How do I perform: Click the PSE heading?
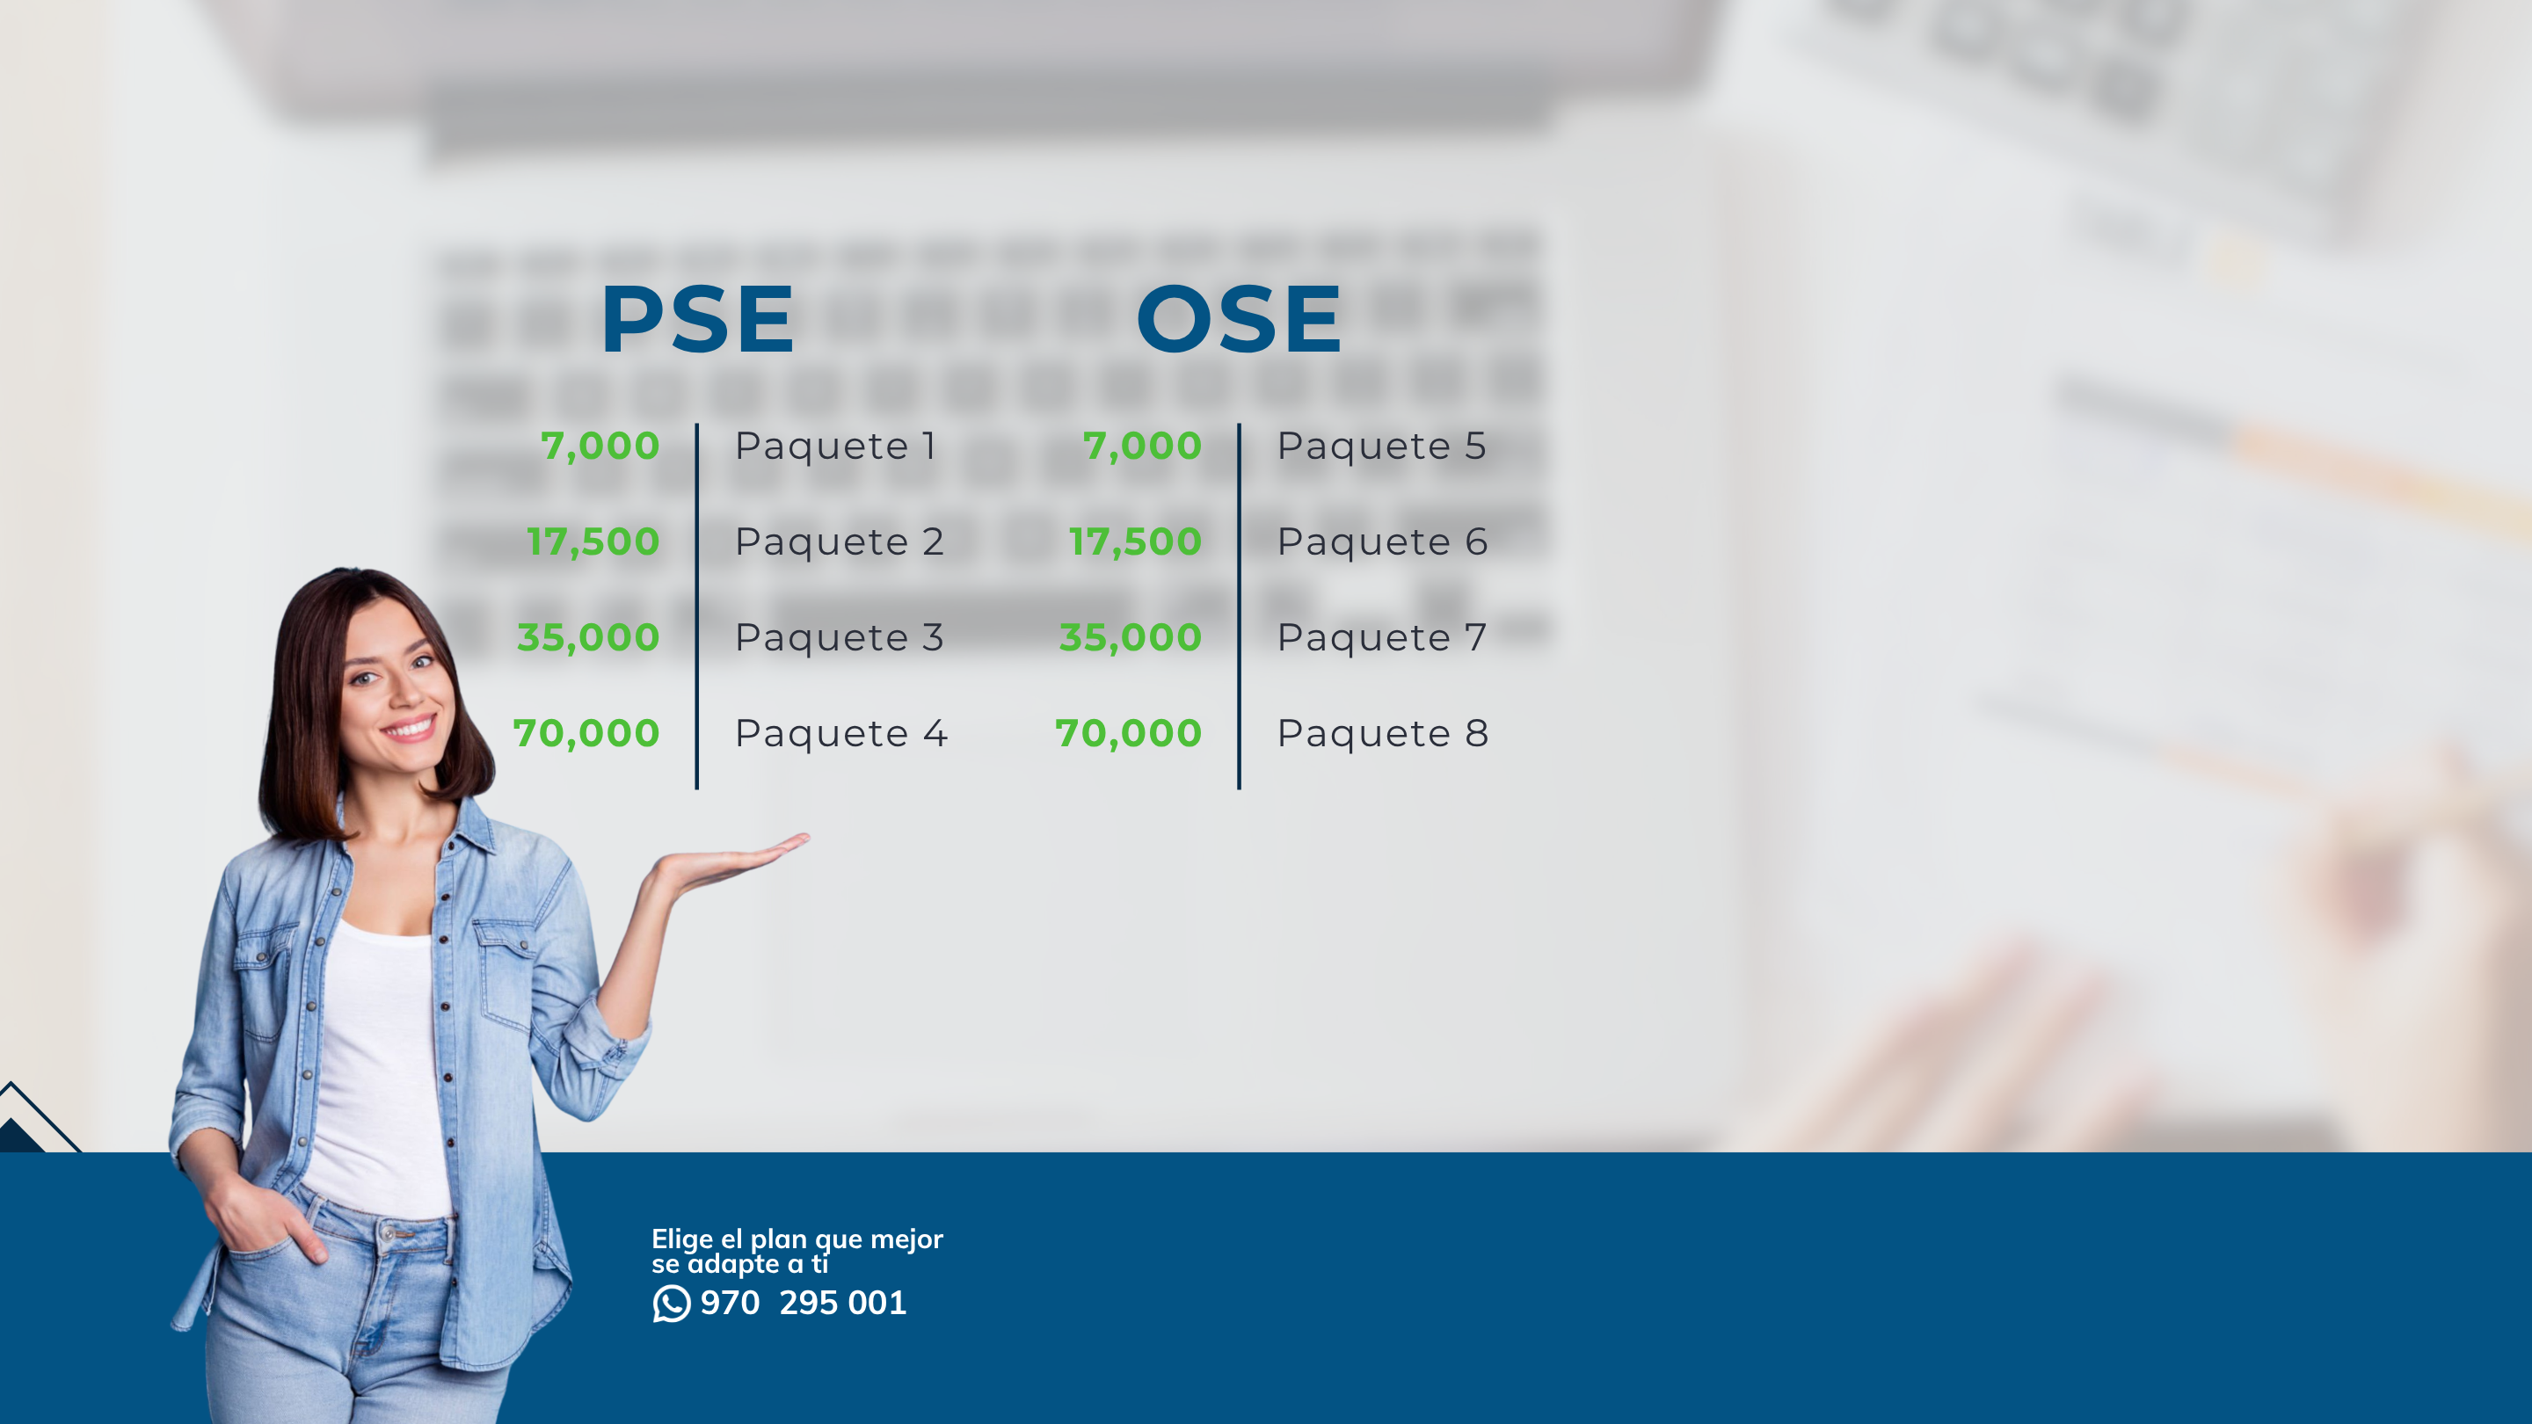coord(697,318)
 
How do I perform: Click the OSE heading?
coord(1239,318)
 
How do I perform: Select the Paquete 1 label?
coord(835,447)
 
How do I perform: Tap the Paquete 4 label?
coord(841,734)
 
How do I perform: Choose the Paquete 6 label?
coord(1382,542)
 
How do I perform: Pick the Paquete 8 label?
coord(1383,734)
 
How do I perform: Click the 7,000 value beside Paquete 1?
coord(600,447)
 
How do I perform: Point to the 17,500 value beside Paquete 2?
coord(593,542)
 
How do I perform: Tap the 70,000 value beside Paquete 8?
coord(1128,734)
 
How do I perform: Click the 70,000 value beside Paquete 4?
coord(586,734)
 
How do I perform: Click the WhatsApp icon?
coord(672,1303)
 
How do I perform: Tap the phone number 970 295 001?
coord(803,1303)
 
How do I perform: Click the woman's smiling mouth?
coord(409,728)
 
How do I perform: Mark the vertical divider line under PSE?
coord(697,607)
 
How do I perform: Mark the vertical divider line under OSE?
coord(1239,607)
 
